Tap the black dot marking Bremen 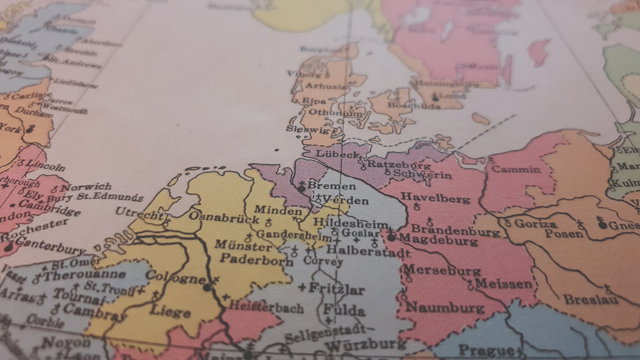301,188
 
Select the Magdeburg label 438,240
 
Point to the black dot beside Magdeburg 391,237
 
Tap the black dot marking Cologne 207,287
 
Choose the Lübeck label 337,154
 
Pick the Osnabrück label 224,217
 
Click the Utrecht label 139,213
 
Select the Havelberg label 436,198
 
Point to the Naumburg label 445,308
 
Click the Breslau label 591,300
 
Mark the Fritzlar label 337,289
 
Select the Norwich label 86,187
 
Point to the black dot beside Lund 435,98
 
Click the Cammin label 516,169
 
